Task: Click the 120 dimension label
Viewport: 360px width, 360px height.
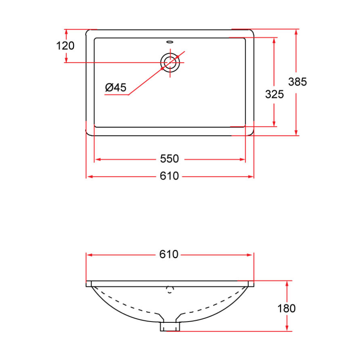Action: click(65, 46)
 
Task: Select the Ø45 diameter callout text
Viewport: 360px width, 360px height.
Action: click(116, 88)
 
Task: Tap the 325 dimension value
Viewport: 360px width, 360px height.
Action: click(274, 94)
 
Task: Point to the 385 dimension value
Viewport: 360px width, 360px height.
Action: click(297, 82)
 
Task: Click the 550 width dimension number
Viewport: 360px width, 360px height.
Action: click(170, 159)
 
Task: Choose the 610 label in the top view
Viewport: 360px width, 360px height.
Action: click(170, 176)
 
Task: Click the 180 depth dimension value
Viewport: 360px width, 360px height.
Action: click(286, 308)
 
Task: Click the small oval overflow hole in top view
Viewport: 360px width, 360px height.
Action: click(170, 41)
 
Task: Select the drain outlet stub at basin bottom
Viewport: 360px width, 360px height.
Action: click(170, 326)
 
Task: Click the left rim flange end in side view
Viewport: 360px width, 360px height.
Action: click(88, 284)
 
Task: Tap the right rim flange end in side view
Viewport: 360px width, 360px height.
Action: click(251, 284)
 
